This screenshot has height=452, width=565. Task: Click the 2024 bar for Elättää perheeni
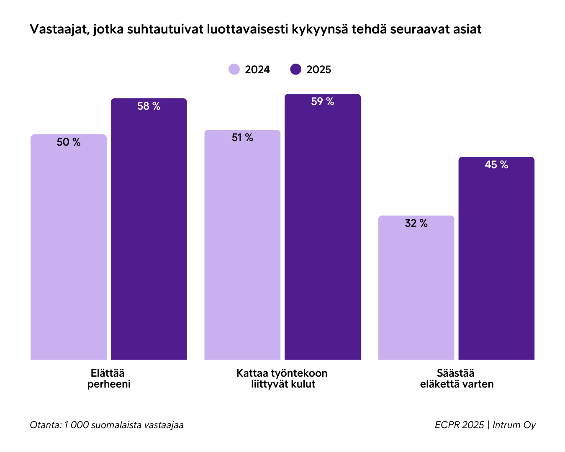click(69, 251)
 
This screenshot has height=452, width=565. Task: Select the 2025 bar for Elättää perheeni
click(149, 234)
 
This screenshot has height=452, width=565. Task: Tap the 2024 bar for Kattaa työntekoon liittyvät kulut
click(242, 251)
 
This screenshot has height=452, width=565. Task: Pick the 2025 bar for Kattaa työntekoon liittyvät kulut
click(322, 234)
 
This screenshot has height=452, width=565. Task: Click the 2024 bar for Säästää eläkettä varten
click(416, 293)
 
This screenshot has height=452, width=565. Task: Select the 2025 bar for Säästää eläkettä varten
click(496, 264)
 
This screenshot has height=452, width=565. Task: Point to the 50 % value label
click(69, 142)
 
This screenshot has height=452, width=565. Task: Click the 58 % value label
click(149, 106)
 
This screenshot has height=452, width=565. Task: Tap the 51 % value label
click(242, 138)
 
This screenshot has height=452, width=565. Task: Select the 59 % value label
click(322, 102)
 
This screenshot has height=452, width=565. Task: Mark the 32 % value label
click(416, 223)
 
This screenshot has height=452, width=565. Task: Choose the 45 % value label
click(496, 165)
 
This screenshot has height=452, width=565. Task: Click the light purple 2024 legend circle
click(234, 69)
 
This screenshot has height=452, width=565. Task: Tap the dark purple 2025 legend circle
click(295, 69)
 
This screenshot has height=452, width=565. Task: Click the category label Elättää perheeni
click(109, 378)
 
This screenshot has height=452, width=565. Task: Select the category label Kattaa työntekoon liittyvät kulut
click(282, 378)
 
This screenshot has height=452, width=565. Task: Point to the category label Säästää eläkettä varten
click(457, 378)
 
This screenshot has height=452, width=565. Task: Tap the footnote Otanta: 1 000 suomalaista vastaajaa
click(107, 425)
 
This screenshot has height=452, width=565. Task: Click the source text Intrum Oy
click(514, 425)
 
